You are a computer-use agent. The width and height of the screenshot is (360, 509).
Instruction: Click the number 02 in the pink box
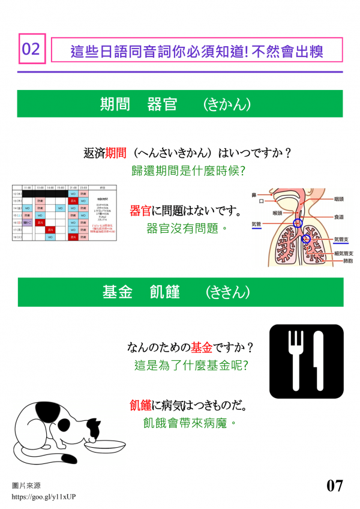[31, 49]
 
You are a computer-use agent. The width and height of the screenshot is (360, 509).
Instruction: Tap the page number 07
[335, 485]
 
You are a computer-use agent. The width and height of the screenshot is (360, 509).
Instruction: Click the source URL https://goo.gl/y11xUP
[44, 497]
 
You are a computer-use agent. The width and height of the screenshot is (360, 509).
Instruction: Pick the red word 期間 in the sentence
[116, 153]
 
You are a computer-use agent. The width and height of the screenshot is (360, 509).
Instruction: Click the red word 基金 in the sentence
[202, 347]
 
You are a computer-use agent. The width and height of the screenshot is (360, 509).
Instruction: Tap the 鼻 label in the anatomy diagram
[254, 195]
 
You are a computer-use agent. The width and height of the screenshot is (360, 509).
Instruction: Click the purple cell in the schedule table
[27, 222]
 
